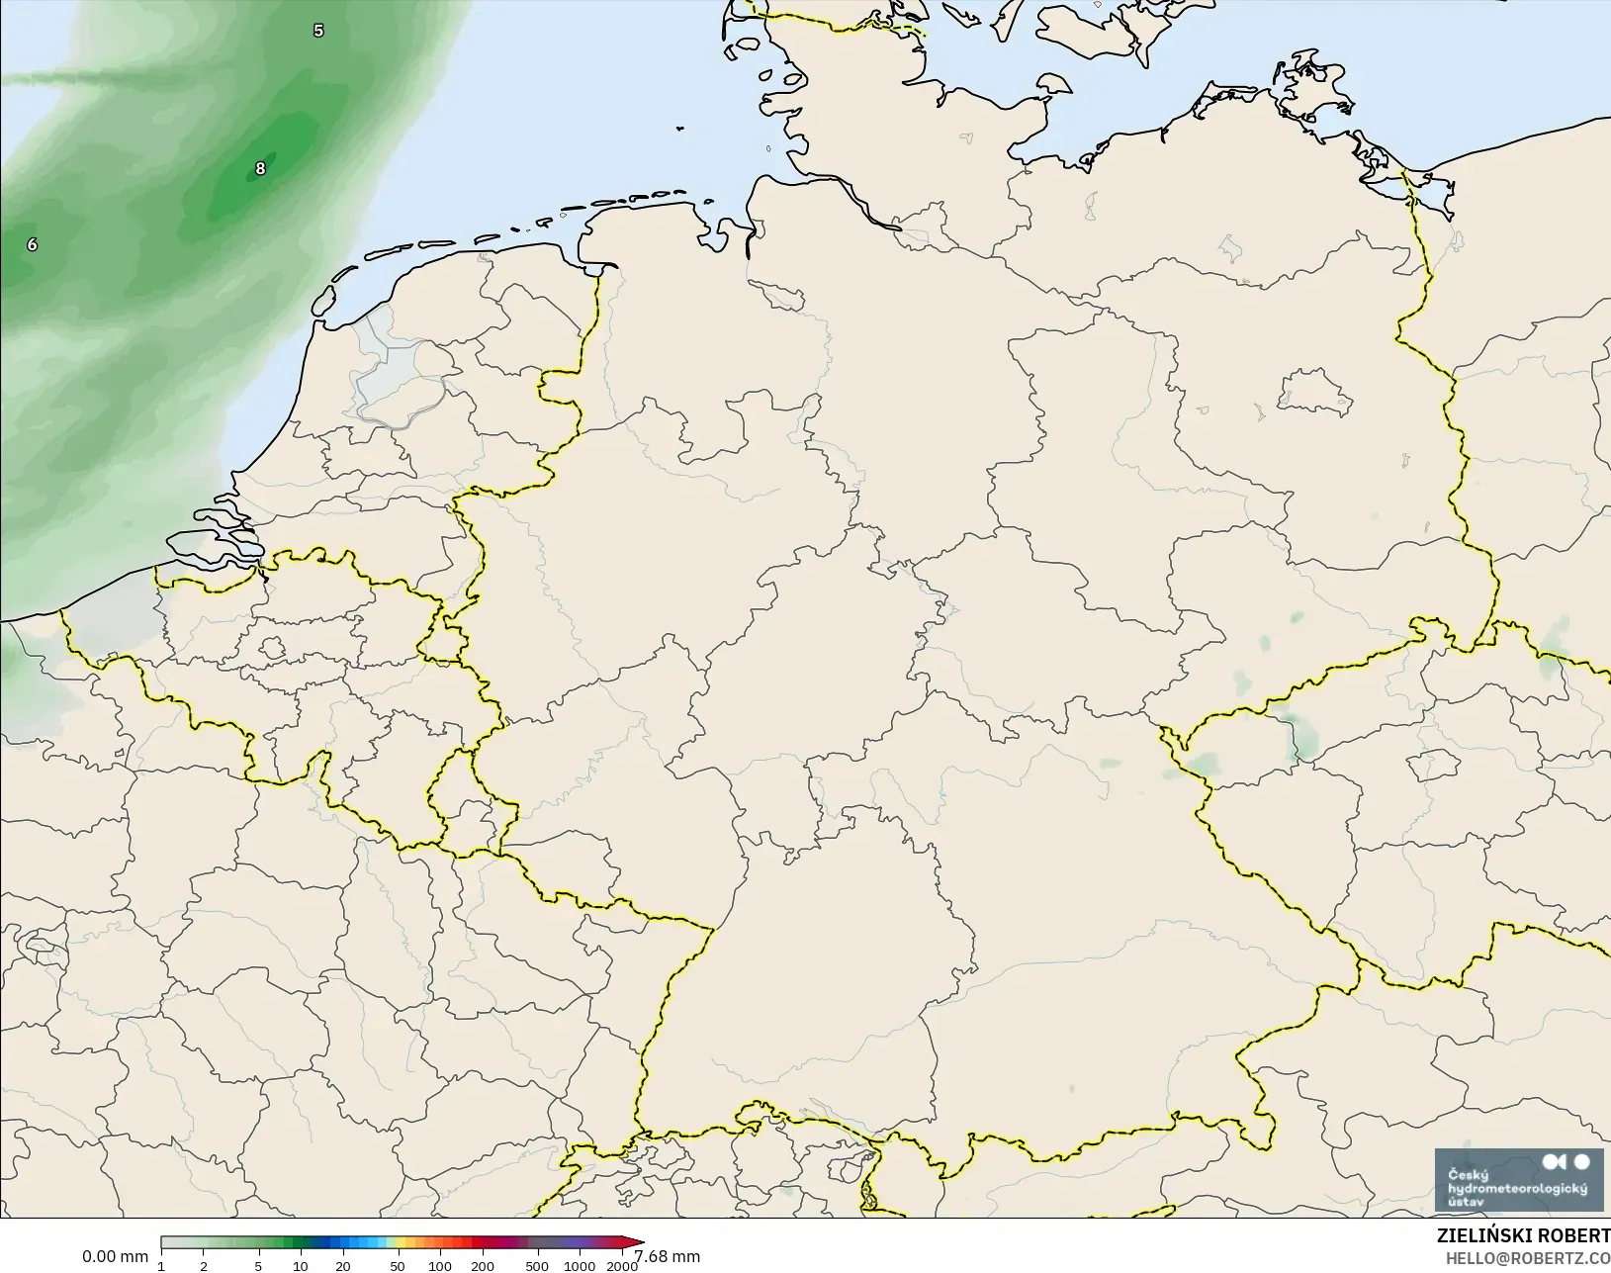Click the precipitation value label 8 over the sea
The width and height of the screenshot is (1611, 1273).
click(x=260, y=168)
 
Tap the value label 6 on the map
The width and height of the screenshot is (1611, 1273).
click(x=33, y=244)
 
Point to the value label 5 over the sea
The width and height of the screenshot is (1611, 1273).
click(x=318, y=31)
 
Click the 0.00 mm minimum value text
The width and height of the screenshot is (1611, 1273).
click(x=115, y=1256)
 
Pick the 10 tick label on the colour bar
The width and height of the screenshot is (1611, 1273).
click(x=301, y=1266)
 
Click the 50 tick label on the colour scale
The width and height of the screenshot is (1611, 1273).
click(x=397, y=1266)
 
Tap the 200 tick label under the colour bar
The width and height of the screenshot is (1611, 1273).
click(x=483, y=1266)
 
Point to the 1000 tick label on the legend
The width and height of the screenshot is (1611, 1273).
click(x=580, y=1266)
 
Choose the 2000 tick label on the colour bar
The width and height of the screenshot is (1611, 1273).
click(x=622, y=1266)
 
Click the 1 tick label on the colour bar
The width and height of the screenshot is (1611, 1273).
click(x=161, y=1266)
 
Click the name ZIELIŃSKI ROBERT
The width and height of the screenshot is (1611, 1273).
click(x=1523, y=1236)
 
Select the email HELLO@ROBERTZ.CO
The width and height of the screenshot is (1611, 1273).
click(x=1528, y=1258)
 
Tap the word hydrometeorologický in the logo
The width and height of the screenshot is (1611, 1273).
click(x=1517, y=1188)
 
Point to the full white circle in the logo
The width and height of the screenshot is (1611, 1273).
click(x=1581, y=1161)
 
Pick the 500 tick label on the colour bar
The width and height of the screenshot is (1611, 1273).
click(x=537, y=1266)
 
